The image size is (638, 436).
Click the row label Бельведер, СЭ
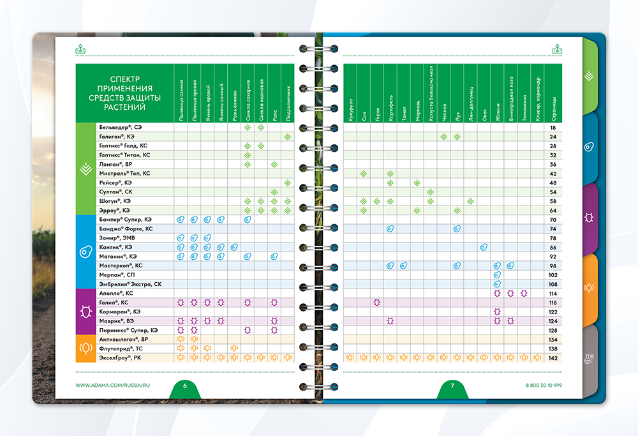pyautogui.click(x=121, y=128)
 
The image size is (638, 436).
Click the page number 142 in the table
pyautogui.click(x=553, y=357)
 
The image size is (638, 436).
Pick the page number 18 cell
pyautogui.click(x=553, y=128)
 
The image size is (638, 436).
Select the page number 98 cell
pyautogui.click(x=553, y=266)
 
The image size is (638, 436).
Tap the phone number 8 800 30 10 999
pyautogui.click(x=543, y=386)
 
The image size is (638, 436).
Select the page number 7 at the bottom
pyautogui.click(x=452, y=386)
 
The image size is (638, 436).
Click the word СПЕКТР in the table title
pyautogui.click(x=124, y=79)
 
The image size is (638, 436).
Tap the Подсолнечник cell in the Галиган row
pyautogui.click(x=288, y=137)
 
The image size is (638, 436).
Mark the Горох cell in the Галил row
pyautogui.click(x=377, y=303)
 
